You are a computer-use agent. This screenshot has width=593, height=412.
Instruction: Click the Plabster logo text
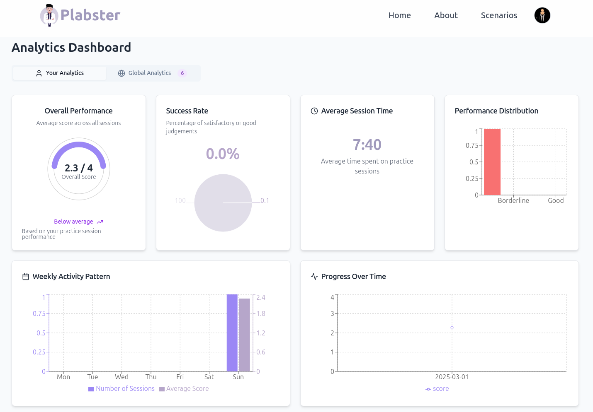(x=90, y=15)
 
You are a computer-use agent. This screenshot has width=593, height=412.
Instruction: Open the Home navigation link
(x=399, y=15)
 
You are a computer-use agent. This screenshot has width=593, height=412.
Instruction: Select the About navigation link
(x=446, y=15)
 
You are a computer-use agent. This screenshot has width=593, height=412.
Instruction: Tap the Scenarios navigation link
(x=499, y=15)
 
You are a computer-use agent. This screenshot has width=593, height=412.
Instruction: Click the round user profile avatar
(x=542, y=15)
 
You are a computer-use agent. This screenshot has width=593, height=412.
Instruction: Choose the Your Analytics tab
(x=60, y=73)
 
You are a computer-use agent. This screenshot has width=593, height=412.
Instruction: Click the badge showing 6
(x=182, y=73)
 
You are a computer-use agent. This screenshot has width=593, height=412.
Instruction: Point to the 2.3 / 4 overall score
(x=79, y=168)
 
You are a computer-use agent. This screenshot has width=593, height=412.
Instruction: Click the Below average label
(x=74, y=222)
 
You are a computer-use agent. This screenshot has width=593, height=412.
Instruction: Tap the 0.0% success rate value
(x=223, y=154)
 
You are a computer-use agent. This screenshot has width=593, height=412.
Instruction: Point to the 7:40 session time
(x=367, y=145)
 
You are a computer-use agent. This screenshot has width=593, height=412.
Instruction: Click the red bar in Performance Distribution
(x=492, y=162)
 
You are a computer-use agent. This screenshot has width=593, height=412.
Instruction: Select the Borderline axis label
(x=513, y=200)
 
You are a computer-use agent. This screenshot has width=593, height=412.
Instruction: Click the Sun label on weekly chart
(x=238, y=377)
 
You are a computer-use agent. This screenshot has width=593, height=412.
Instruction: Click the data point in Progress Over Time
(x=452, y=328)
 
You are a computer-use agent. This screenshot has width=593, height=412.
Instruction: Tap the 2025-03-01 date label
(x=452, y=377)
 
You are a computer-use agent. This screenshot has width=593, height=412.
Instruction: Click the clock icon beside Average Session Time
(x=314, y=111)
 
